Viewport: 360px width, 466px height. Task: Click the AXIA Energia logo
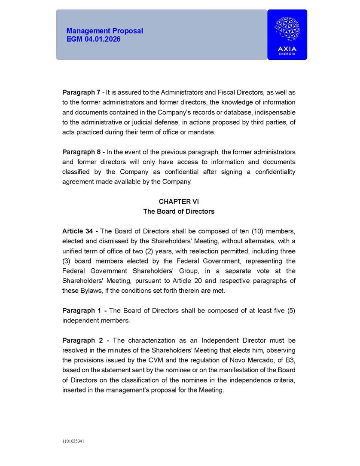287,34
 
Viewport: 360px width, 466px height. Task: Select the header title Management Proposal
104,31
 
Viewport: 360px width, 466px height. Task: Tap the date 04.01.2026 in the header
102,39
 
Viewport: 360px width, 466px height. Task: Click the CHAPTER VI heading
179,201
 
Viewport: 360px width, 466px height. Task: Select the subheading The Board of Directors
179,212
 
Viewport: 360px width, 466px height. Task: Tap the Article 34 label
79,231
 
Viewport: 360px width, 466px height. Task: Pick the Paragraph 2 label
82,340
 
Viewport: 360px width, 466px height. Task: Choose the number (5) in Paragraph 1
291,310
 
